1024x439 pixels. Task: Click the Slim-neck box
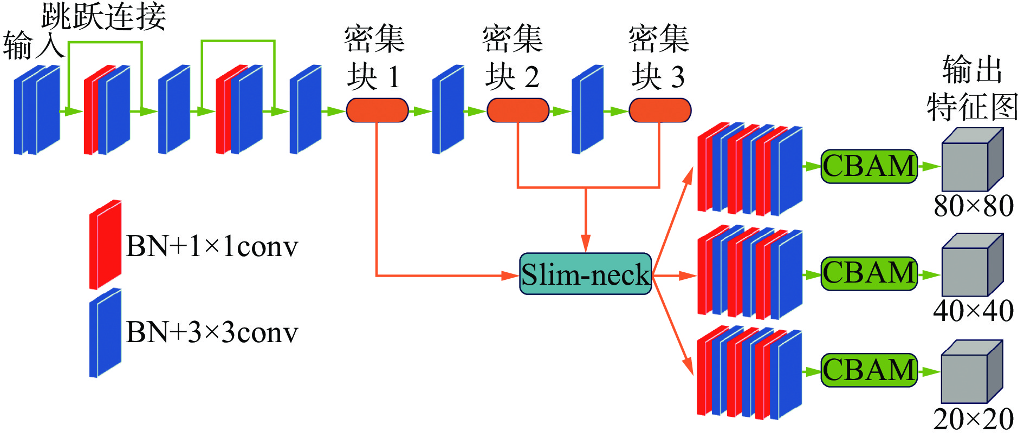pos(585,274)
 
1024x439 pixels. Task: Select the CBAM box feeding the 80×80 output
pos(869,166)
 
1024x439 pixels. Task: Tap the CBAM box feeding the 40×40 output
pos(869,273)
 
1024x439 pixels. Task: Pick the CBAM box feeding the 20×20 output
pos(869,370)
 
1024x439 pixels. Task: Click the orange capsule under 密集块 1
pos(377,110)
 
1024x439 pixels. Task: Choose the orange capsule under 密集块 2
pos(518,110)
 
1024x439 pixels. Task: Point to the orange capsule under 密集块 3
pos(660,110)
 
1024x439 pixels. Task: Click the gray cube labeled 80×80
pos(972,160)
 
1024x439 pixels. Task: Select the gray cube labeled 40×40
pos(972,265)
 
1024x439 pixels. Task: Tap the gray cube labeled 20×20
pos(972,372)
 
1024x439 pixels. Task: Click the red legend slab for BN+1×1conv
pos(105,245)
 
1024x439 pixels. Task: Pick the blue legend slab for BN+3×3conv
pos(105,332)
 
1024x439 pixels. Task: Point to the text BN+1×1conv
pos(212,246)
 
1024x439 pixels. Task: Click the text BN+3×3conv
pos(212,332)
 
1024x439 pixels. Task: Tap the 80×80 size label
pos(974,206)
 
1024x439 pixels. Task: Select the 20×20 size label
pos(974,419)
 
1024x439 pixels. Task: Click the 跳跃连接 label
pos(103,16)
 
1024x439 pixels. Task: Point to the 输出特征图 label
pos(973,88)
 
